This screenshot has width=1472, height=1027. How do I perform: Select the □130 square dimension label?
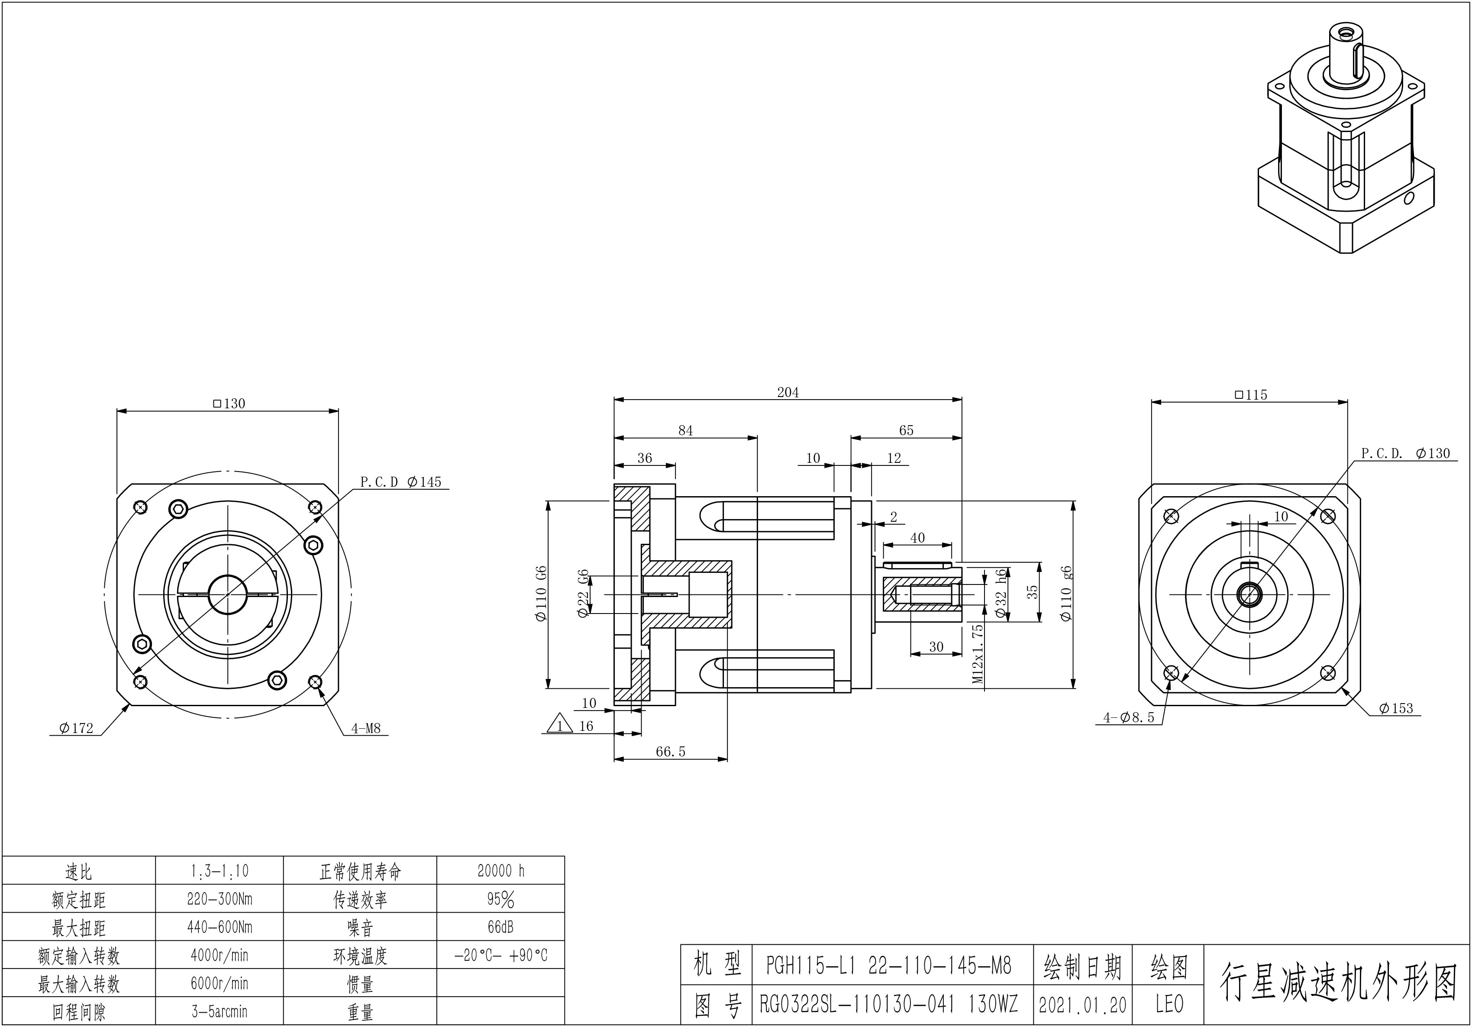point(229,403)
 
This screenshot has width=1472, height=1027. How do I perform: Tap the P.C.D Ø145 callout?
point(401,481)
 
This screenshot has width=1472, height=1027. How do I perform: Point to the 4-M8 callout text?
point(365,728)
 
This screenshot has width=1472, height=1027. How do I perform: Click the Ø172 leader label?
point(76,728)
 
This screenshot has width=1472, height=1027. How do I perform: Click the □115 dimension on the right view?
point(1250,395)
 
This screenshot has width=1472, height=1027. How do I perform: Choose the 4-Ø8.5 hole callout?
point(1128,718)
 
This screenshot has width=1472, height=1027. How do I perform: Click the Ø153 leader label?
point(1396,708)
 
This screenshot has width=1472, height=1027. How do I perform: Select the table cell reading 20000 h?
point(501,871)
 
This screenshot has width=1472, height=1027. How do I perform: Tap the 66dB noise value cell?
point(501,927)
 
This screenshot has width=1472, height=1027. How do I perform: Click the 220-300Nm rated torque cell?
point(219,899)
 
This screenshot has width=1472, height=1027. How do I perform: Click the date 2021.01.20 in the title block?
point(1082,1004)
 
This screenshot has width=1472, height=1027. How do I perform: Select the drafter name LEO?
point(1169,1004)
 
